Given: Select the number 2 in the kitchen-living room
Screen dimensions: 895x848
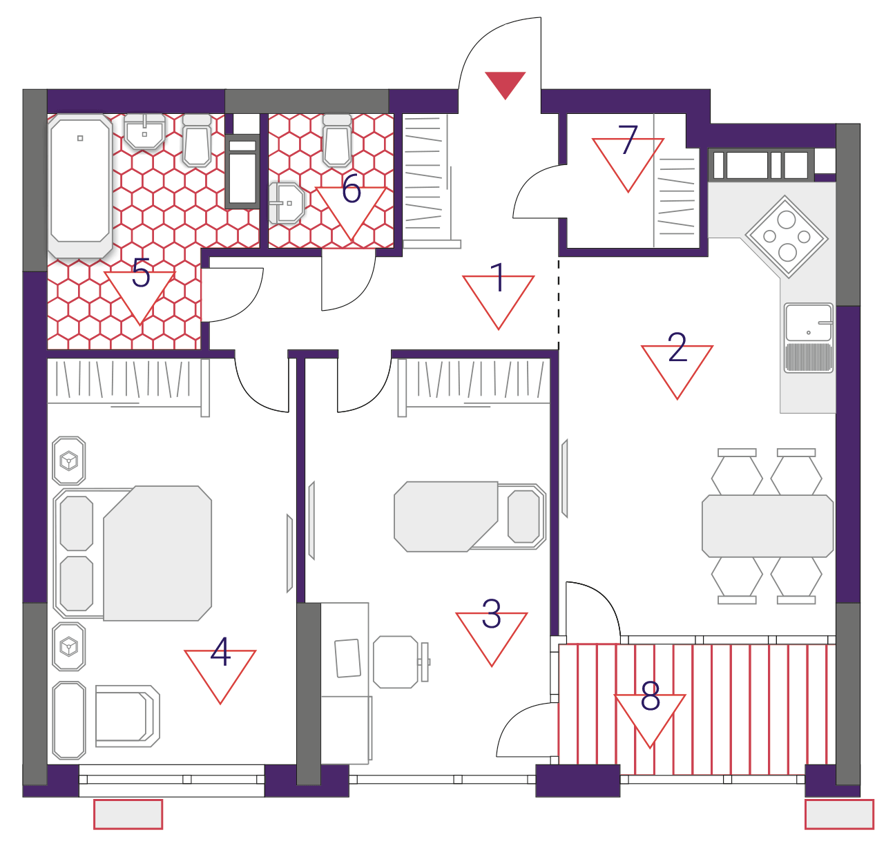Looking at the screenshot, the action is [677, 347].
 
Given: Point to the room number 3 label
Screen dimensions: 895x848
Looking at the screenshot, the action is [492, 615].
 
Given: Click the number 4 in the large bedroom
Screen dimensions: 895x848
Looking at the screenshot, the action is [221, 652].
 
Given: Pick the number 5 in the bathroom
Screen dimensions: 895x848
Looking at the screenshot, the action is [141, 272].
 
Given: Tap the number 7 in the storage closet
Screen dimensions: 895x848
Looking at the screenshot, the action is [628, 139].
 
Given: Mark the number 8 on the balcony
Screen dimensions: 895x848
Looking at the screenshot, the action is [650, 696].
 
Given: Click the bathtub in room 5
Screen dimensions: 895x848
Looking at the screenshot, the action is [80, 186].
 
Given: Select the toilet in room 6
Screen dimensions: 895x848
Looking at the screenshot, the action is [337, 140].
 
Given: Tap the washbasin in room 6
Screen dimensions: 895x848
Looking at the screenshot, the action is [286, 203].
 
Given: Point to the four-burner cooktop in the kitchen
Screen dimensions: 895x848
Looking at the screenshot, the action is [786, 237].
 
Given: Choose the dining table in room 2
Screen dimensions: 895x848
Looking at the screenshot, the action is [767, 526].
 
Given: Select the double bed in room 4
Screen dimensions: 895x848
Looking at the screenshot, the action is [133, 554].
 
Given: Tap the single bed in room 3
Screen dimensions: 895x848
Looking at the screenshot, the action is [470, 517].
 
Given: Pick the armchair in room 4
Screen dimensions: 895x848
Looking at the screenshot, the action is [128, 716].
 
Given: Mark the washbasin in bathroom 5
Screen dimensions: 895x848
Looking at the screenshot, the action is [144, 131].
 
